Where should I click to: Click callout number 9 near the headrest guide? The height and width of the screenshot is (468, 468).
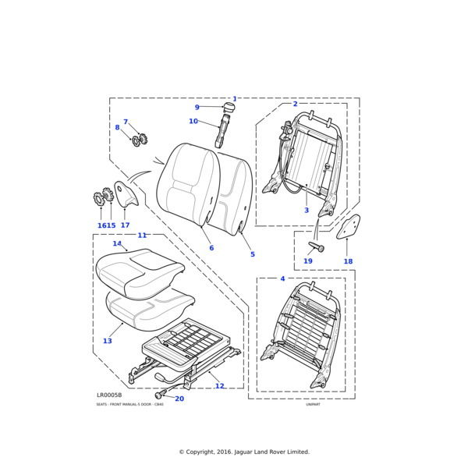pyautogui.click(x=197, y=108)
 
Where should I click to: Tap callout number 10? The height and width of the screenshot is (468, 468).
pyautogui.click(x=193, y=121)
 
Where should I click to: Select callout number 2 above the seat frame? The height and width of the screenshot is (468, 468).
pyautogui.click(x=295, y=104)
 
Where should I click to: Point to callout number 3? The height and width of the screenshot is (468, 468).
pyautogui.click(x=307, y=211)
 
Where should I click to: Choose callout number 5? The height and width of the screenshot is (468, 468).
pyautogui.click(x=252, y=254)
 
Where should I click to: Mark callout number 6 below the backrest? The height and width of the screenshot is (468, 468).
pyautogui.click(x=211, y=248)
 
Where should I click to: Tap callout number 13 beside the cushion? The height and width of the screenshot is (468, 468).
pyautogui.click(x=107, y=341)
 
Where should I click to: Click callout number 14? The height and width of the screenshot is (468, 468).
pyautogui.click(x=117, y=243)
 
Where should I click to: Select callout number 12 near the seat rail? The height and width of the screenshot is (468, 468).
pyautogui.click(x=219, y=386)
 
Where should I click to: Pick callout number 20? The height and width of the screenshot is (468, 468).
pyautogui.click(x=179, y=399)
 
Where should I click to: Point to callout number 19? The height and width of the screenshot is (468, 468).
pyautogui.click(x=308, y=261)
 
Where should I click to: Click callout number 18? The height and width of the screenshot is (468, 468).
pyautogui.click(x=348, y=261)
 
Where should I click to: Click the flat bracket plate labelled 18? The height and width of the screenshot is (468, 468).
pyautogui.click(x=349, y=227)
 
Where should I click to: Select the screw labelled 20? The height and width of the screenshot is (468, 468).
pyautogui.click(x=159, y=395)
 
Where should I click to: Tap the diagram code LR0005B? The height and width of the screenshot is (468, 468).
pyautogui.click(x=109, y=395)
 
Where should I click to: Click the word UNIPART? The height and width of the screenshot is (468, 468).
pyautogui.click(x=314, y=405)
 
